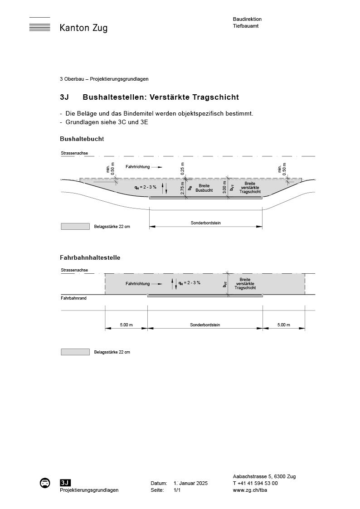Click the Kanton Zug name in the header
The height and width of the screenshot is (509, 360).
point(83,28)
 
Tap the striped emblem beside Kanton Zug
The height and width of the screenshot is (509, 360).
point(39,25)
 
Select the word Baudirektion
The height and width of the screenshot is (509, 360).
point(247,19)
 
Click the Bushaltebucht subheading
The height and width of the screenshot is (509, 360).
point(82,139)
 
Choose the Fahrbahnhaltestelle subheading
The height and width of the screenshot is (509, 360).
point(90,257)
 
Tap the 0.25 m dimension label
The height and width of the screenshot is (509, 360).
point(182,168)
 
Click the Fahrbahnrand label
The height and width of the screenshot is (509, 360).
point(73,298)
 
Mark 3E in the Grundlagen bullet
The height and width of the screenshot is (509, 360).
point(145,122)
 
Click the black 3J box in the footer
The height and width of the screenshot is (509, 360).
point(65,483)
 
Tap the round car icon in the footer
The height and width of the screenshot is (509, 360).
point(45,483)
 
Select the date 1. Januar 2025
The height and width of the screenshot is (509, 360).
point(190,483)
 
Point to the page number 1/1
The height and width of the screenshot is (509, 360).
point(177,490)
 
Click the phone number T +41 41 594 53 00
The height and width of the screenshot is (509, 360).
point(255,483)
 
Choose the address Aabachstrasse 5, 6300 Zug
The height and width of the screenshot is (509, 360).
point(264,476)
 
